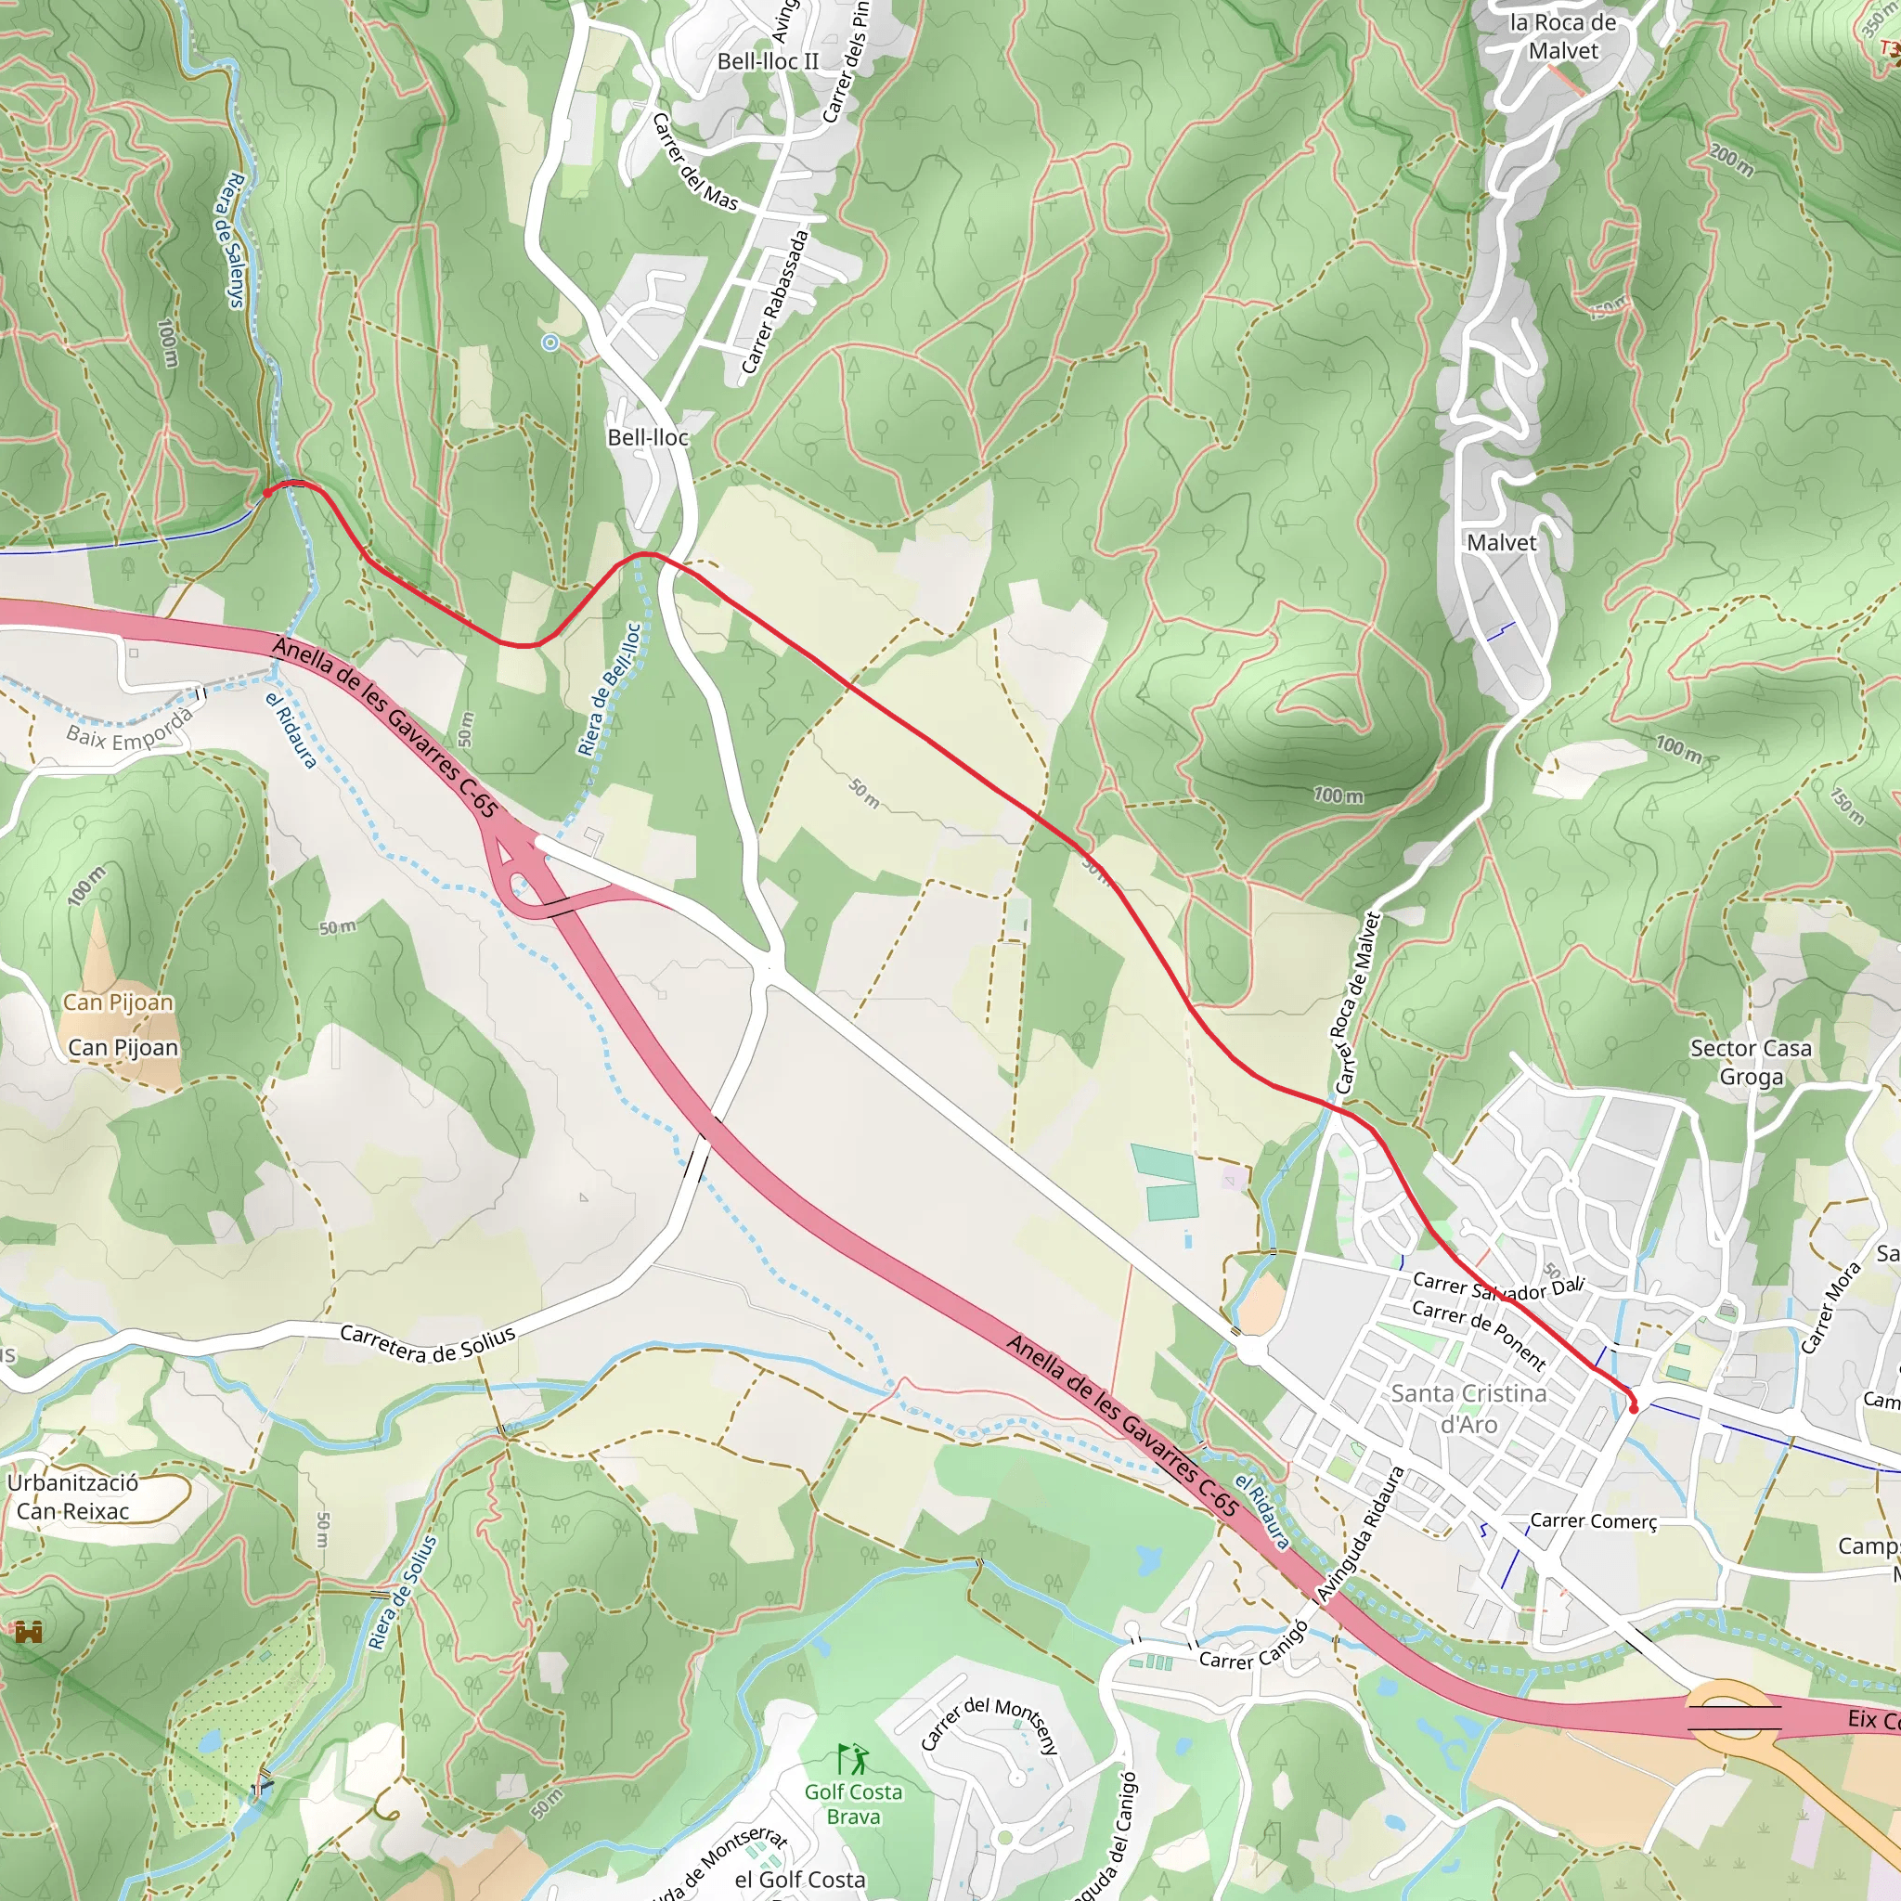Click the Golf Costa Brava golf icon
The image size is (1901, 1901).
tap(852, 1758)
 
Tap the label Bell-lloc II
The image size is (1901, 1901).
tap(768, 61)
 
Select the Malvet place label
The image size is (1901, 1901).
tap(1501, 542)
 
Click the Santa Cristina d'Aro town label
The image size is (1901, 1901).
tap(1468, 1409)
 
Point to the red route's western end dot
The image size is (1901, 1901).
tap(266, 493)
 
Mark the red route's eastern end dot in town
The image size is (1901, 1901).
tap(1635, 1409)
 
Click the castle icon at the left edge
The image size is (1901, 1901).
tap(29, 1634)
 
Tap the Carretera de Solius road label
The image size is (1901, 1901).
tap(427, 1344)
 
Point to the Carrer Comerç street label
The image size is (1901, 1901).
tap(1593, 1521)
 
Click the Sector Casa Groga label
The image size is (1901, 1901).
tap(1751, 1062)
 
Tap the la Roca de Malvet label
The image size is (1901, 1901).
tap(1562, 36)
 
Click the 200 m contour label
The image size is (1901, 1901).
tap(1731, 161)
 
